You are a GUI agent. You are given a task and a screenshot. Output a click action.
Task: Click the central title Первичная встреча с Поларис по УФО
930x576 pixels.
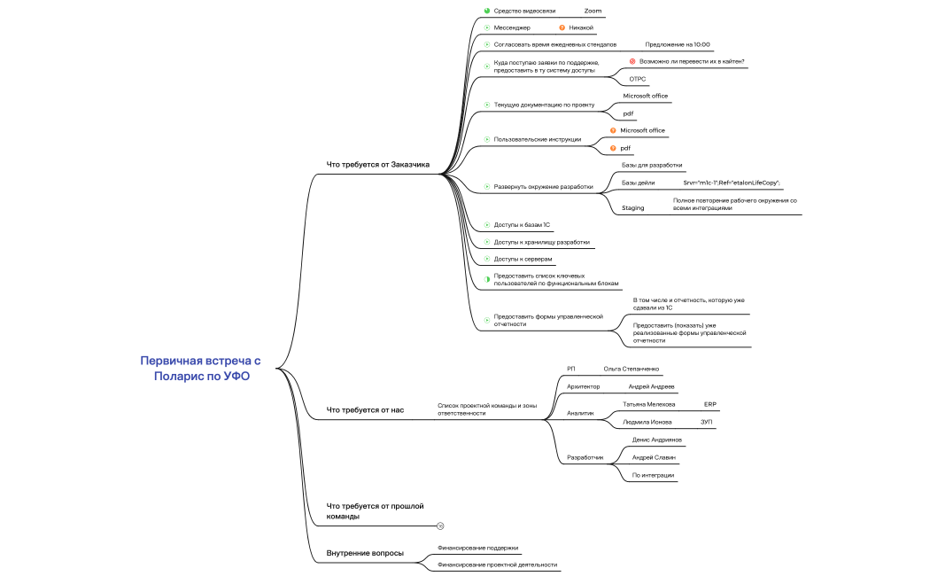[201, 369]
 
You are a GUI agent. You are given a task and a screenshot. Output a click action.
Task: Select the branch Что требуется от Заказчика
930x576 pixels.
[378, 164]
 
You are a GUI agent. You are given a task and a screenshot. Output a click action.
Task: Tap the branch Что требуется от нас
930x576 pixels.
[365, 410]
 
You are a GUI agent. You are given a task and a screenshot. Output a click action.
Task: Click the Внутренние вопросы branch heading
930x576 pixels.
[365, 553]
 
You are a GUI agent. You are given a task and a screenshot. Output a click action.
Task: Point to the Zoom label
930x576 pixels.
[593, 11]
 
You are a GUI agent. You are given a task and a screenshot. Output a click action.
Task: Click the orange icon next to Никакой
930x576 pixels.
[562, 27]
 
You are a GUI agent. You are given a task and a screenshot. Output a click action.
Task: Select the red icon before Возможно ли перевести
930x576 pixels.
[632, 61]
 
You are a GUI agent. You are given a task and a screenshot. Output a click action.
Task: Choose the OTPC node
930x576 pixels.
[638, 79]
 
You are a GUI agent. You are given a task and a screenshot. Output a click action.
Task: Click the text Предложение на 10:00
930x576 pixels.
[678, 44]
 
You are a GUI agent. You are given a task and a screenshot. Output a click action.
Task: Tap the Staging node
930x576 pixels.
[633, 207]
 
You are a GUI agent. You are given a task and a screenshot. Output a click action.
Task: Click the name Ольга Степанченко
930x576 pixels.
[631, 369]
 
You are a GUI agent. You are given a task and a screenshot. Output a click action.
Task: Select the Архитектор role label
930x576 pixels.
[583, 386]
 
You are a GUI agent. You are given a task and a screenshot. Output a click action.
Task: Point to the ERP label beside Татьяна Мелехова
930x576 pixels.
[710, 405]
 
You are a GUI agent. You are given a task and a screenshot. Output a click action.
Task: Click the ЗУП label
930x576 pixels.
[707, 423]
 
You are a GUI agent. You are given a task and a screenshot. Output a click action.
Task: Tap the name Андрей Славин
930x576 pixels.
[654, 457]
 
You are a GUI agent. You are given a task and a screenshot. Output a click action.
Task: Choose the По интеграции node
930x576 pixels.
[653, 475]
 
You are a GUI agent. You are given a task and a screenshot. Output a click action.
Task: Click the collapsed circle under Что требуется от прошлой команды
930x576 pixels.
[440, 525]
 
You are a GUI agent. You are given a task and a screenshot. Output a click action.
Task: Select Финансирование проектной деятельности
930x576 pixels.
[498, 564]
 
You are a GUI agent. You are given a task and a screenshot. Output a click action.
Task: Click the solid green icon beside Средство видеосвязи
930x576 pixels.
[487, 11]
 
